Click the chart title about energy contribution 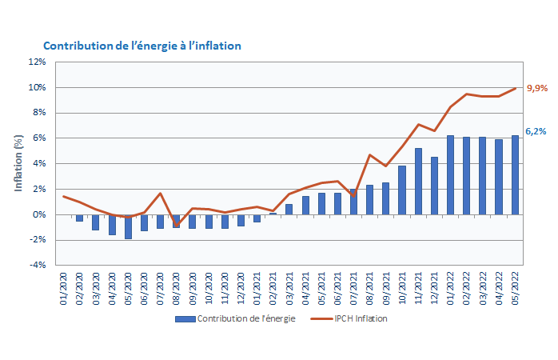pyautogui.click(x=141, y=46)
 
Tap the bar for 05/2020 pyautogui.click(x=128, y=226)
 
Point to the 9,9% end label pyautogui.click(x=536, y=88)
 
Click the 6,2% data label pyautogui.click(x=536, y=131)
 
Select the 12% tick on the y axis pyautogui.click(x=37, y=62)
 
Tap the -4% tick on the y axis pyautogui.click(x=38, y=266)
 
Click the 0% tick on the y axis pyautogui.click(x=39, y=214)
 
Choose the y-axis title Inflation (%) pyautogui.click(x=18, y=163)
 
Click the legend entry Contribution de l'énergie pyautogui.click(x=236, y=318)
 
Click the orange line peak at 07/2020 pyautogui.click(x=160, y=194)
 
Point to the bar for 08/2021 pyautogui.click(x=369, y=199)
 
